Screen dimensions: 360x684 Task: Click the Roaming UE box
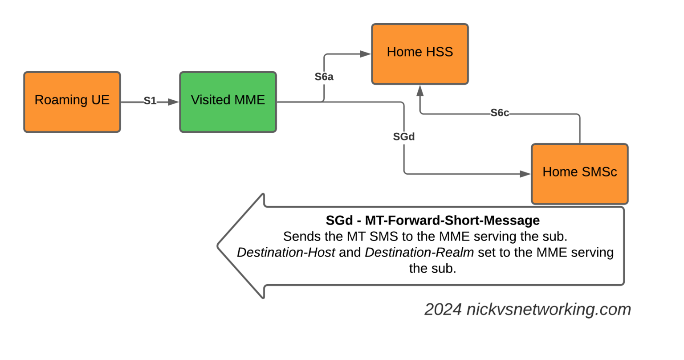(72, 102)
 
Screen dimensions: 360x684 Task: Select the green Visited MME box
(228, 102)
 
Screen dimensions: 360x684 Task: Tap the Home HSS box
(419, 54)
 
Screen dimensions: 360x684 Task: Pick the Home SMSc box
(579, 173)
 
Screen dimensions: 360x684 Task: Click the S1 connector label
(150, 101)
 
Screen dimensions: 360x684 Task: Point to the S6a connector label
(324, 77)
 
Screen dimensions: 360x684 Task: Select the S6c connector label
(500, 113)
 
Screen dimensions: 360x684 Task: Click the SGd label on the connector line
(403, 137)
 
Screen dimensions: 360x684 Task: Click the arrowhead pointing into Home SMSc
(525, 174)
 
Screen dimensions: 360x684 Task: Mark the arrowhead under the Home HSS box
(419, 90)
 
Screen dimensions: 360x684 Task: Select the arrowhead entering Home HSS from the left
(366, 54)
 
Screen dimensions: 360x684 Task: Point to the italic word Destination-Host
(286, 253)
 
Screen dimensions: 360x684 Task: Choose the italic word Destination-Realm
(419, 253)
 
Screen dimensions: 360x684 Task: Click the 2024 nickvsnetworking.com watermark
(527, 309)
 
